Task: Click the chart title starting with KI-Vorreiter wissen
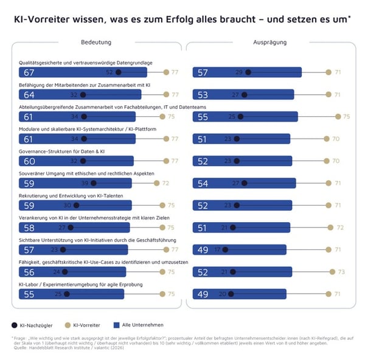(x=182, y=19)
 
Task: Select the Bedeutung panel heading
(x=96, y=43)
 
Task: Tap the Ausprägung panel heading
(x=269, y=43)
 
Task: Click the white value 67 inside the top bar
(x=28, y=72)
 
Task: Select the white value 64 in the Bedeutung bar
(x=28, y=95)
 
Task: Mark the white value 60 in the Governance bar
(x=28, y=161)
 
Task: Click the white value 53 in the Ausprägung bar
(x=203, y=95)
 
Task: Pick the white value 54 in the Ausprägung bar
(x=203, y=183)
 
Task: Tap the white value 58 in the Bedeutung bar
(x=28, y=227)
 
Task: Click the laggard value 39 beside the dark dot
(x=85, y=183)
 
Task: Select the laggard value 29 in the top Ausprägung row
(x=239, y=72)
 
